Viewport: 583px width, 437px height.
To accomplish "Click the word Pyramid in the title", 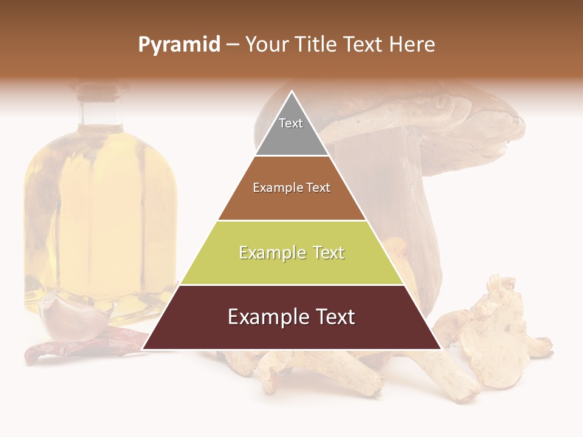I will [179, 45].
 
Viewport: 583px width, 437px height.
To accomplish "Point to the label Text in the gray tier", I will [291, 123].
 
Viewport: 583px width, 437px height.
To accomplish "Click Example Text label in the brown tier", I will [291, 188].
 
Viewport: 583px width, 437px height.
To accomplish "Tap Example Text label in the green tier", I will [291, 252].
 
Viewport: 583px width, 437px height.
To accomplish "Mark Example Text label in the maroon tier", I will [291, 317].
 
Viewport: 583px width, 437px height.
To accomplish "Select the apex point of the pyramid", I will [291, 92].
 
